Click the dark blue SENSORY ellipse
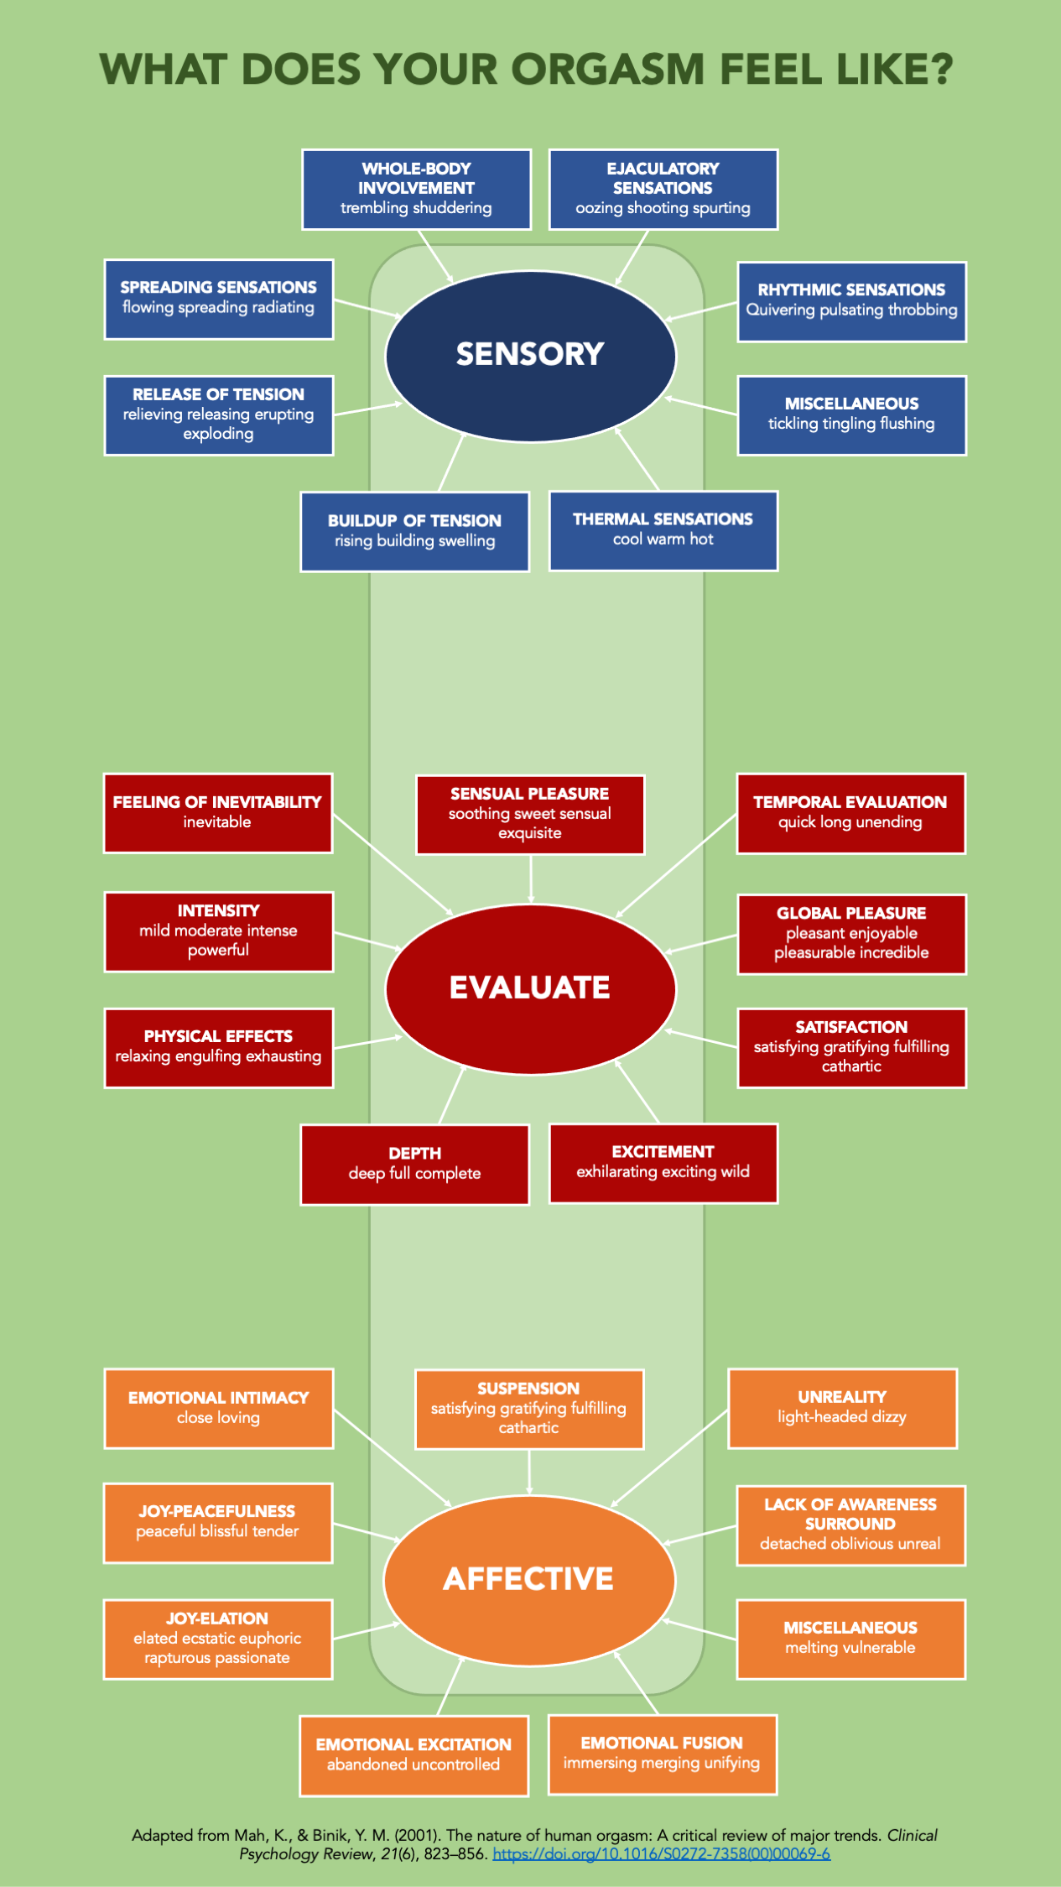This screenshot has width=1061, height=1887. pos(530,356)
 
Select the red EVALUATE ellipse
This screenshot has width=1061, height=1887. pos(530,988)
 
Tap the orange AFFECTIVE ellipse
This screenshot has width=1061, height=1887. pos(529,1579)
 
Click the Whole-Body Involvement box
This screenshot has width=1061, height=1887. pos(416,190)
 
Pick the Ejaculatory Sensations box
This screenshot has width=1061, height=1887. pos(663,190)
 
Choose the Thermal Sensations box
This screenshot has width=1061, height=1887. pos(663,530)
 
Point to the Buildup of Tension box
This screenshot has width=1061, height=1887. pos(414,531)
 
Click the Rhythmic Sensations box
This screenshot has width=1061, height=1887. pos(851,301)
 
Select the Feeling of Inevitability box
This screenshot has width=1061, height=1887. pos(218,813)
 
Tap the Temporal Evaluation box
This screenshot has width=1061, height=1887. pos(850,813)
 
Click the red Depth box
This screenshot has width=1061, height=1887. pos(414,1164)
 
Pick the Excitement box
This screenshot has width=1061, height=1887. pos(663,1163)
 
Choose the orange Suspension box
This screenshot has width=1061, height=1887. pos(528,1409)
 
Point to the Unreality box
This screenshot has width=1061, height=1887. pos(842,1408)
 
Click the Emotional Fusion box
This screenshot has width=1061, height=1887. pos(662,1754)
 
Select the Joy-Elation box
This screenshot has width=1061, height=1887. pos(217,1639)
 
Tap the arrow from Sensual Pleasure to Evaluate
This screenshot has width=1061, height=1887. pos(531,878)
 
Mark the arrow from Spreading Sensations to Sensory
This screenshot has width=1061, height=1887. pos(367,307)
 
